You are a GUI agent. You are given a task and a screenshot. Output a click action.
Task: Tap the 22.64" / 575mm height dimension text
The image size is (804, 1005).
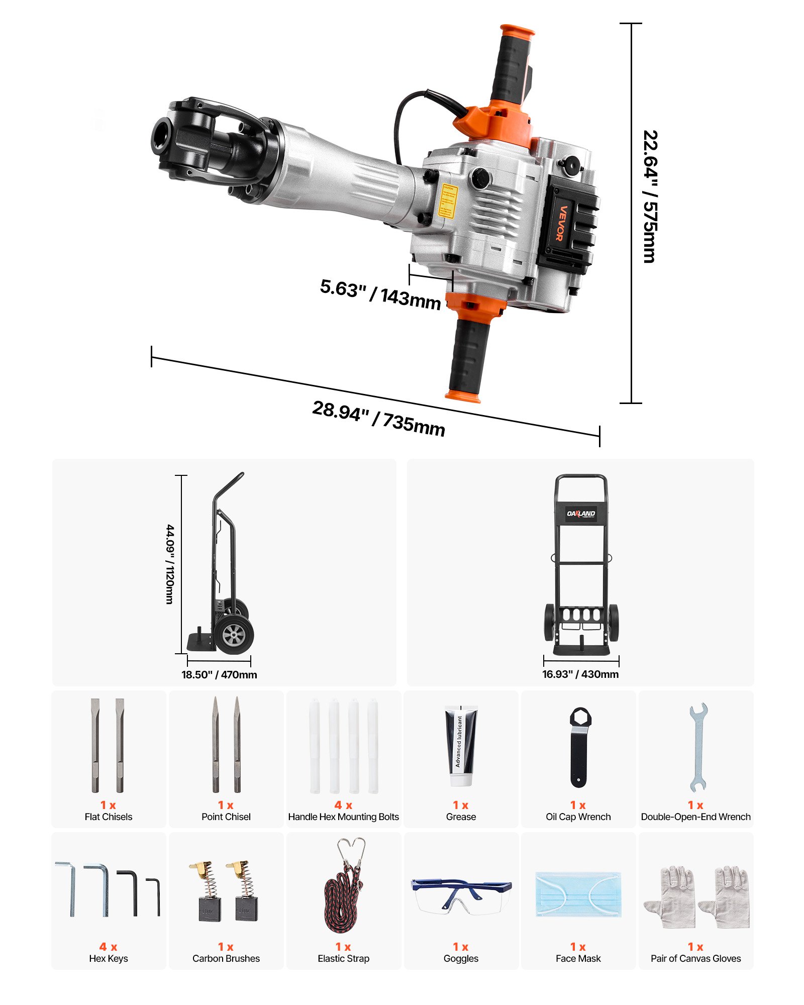coord(650,197)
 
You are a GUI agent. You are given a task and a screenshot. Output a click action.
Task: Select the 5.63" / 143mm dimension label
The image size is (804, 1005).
coord(380,294)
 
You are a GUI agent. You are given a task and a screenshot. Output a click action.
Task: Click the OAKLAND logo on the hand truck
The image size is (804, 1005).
coord(581,514)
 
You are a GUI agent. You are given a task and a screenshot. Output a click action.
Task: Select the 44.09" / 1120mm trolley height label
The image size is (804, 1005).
coord(170,564)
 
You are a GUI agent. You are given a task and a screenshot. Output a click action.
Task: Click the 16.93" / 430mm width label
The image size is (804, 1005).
coord(580,674)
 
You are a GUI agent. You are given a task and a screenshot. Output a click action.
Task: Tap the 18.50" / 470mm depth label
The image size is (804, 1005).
coord(219,675)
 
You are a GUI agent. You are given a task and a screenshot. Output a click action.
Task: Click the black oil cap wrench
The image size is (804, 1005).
coord(579,747)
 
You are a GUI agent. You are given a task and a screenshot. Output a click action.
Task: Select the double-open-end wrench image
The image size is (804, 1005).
coord(697,747)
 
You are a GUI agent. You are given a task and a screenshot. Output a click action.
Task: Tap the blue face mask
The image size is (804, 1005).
coord(578,894)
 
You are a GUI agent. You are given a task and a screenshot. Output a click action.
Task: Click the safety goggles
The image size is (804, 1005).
coord(460,895)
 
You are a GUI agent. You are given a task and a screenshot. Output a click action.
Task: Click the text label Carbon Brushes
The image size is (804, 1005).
coord(226,958)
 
